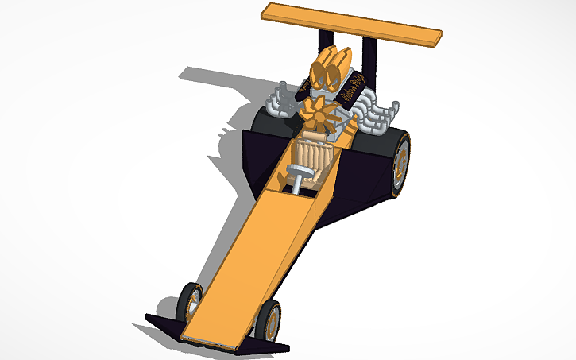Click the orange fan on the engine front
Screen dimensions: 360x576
coord(322,116)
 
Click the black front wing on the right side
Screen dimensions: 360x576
coord(266,346)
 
